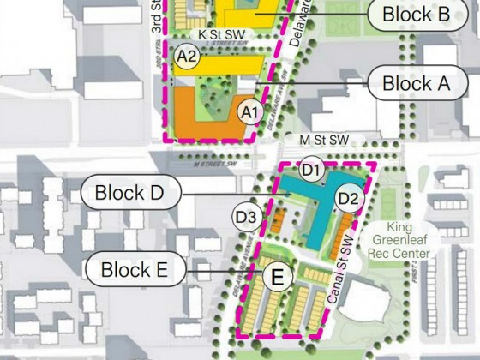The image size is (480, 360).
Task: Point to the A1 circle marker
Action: coord(249,112)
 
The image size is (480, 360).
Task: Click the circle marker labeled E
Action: coord(277,277)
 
